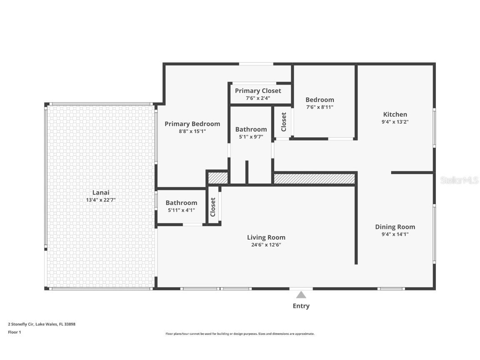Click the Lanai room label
coord(101,192)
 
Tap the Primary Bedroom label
coord(192,124)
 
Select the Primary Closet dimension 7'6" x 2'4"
coord(258,98)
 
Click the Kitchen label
coord(395,115)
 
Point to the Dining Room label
coord(395,227)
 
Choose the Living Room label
coord(266,237)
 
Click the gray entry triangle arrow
coord(301,295)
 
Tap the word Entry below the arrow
coord(301,306)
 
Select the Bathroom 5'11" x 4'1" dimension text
coord(182,210)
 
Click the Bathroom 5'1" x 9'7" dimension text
coord(251,137)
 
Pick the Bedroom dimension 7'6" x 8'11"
coord(320,107)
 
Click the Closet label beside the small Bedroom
coord(283,122)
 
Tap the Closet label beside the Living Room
coord(213,207)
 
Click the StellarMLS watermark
coord(459,180)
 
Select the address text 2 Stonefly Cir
coord(21,324)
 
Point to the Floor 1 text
coord(15,332)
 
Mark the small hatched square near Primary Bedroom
coord(218,178)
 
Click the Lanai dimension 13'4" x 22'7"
coord(101,200)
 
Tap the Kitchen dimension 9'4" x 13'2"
coord(395,122)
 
